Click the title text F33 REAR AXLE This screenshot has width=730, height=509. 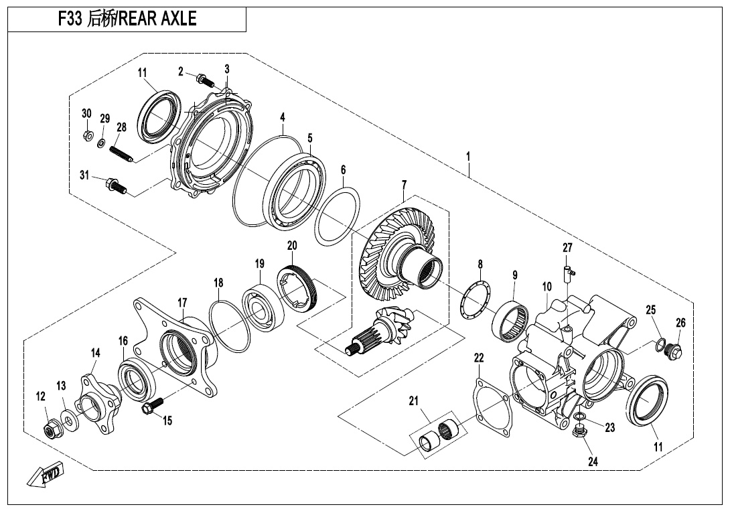[x=127, y=19]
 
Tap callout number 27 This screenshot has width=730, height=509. [x=567, y=248]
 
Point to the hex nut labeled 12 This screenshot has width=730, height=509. [x=51, y=429]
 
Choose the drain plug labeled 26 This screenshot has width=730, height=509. [x=675, y=350]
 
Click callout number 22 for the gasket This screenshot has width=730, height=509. [x=478, y=358]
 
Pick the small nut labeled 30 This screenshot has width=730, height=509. [x=86, y=135]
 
